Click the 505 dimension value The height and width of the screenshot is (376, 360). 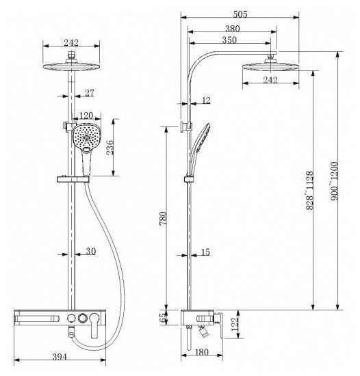click(x=240, y=14)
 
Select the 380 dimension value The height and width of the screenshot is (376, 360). click(x=232, y=29)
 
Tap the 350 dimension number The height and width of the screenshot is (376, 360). click(x=229, y=40)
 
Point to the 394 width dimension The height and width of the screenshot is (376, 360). click(x=60, y=357)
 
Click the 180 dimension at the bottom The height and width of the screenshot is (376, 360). click(x=202, y=352)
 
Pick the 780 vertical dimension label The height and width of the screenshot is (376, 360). click(x=163, y=218)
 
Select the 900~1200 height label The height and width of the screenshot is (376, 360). click(x=334, y=181)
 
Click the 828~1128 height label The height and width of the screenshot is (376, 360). click(x=309, y=191)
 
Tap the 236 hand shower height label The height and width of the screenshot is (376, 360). click(x=110, y=148)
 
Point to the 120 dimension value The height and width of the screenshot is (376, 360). click(x=86, y=116)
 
